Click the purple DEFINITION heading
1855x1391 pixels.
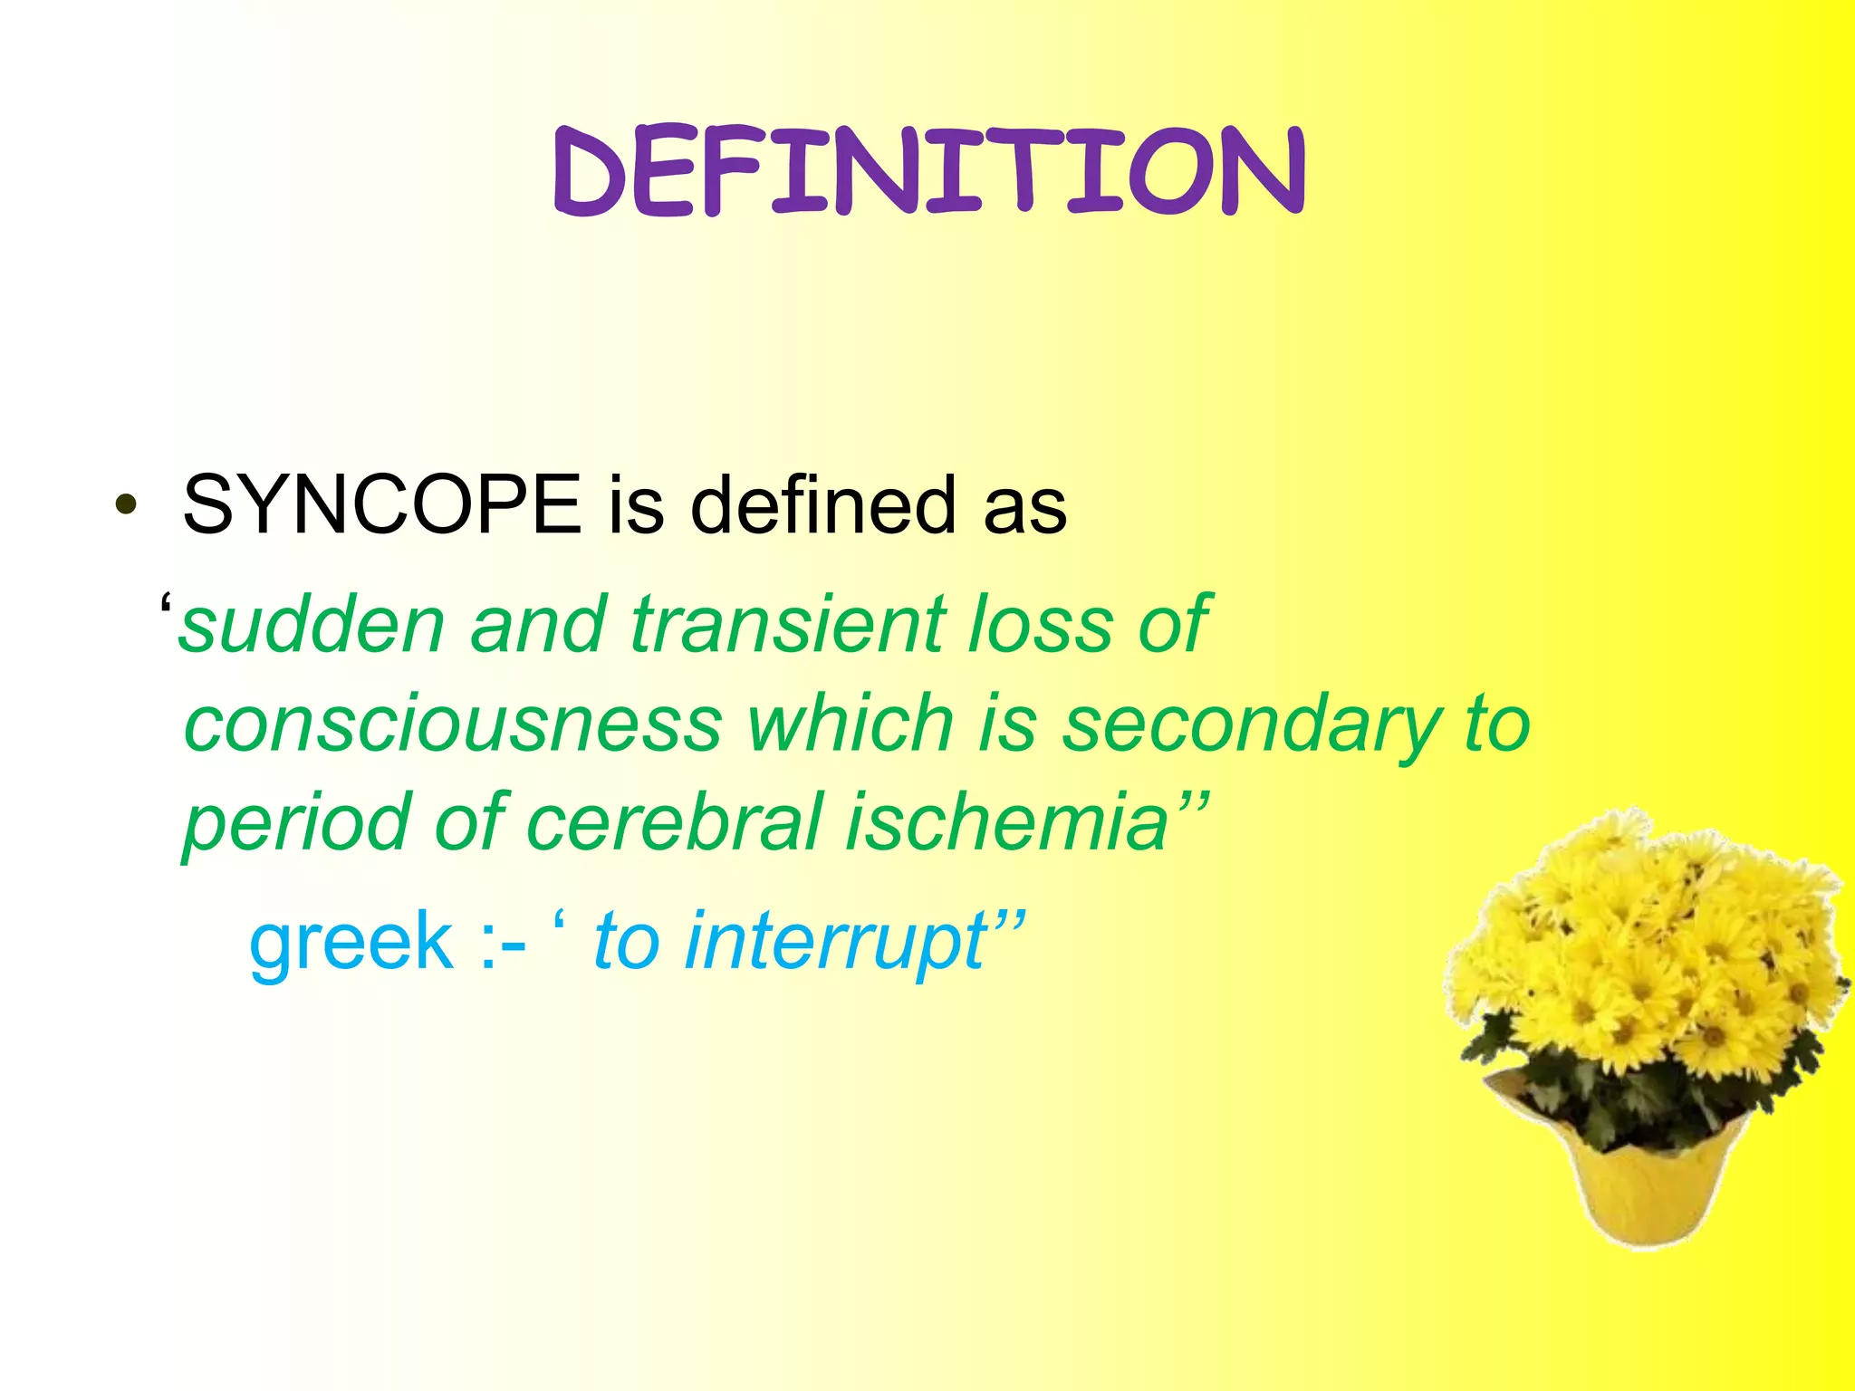(x=928, y=172)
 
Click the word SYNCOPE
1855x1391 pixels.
(x=381, y=505)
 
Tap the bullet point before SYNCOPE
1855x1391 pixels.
(x=127, y=506)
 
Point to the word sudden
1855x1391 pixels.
(x=312, y=625)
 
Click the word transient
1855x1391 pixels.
(x=788, y=625)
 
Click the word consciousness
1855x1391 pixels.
(x=453, y=724)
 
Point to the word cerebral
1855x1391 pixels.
(x=675, y=822)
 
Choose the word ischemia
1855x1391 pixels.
(x=1005, y=822)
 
